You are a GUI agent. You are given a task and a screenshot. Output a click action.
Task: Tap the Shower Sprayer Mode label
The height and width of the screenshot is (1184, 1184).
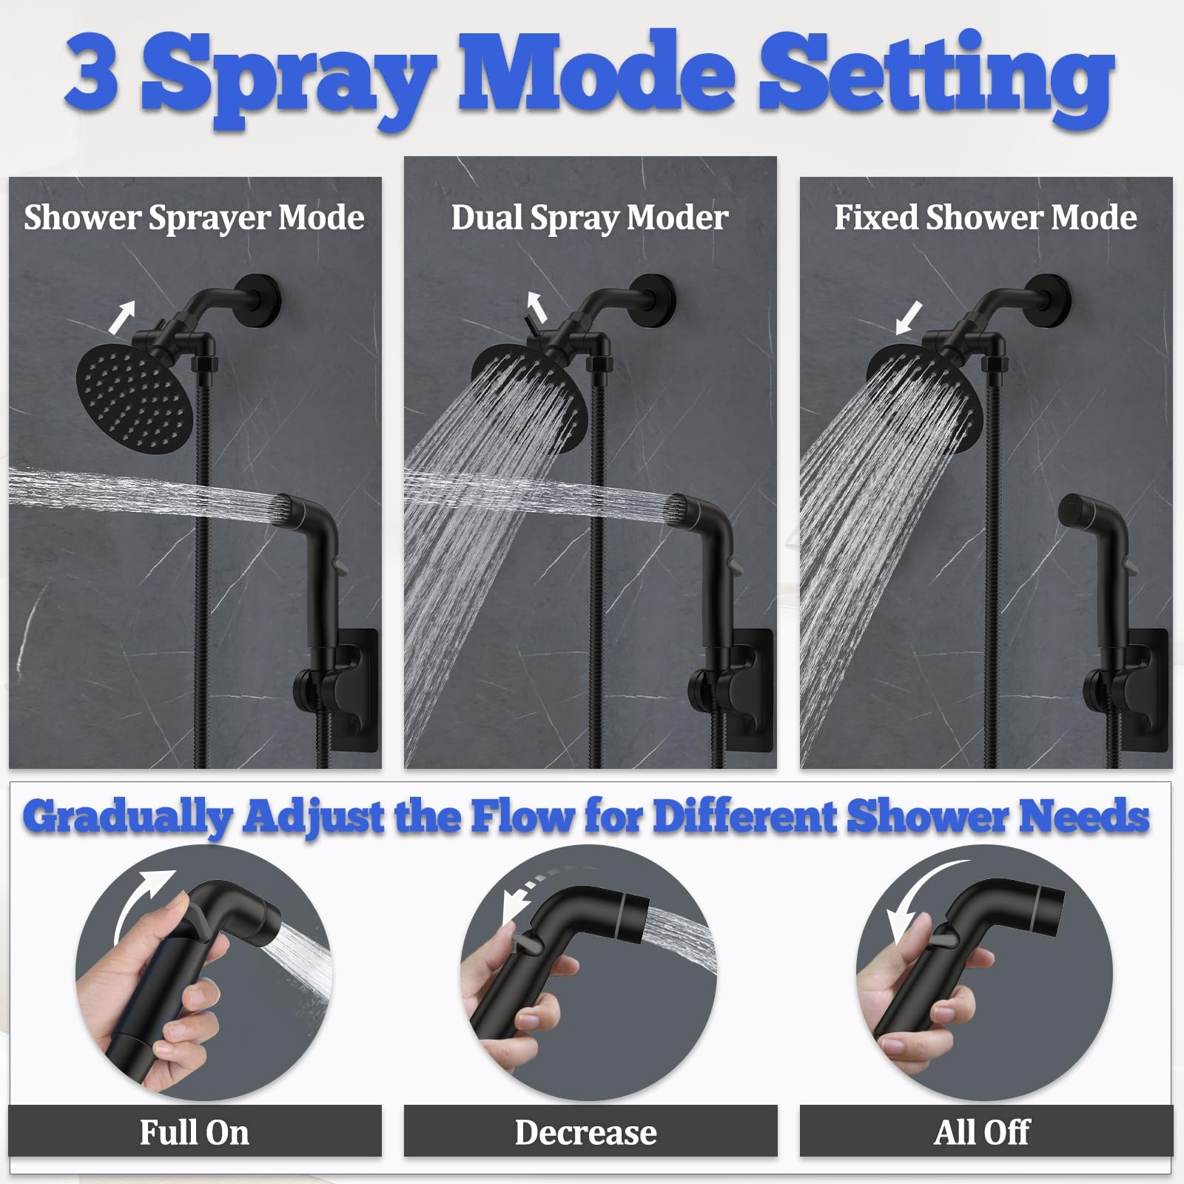(194, 218)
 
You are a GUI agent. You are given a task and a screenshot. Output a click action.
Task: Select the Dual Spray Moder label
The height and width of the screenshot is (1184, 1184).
(590, 218)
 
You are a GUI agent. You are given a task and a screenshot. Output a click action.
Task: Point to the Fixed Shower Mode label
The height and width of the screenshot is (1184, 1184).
(986, 218)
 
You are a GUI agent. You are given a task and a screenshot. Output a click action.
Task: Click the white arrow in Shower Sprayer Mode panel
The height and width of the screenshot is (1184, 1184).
(122, 317)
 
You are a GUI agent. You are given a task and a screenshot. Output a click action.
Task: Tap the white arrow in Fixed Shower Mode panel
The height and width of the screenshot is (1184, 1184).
(909, 317)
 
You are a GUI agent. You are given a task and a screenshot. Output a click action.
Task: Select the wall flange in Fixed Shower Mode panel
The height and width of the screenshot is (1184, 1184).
(1053, 297)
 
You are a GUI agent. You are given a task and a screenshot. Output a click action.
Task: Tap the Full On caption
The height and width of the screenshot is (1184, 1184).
(195, 1132)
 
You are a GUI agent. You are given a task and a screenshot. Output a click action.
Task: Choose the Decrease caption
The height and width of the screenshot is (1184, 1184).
(586, 1132)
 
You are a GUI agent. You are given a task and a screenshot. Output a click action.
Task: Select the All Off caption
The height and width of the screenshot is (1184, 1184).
(982, 1132)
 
